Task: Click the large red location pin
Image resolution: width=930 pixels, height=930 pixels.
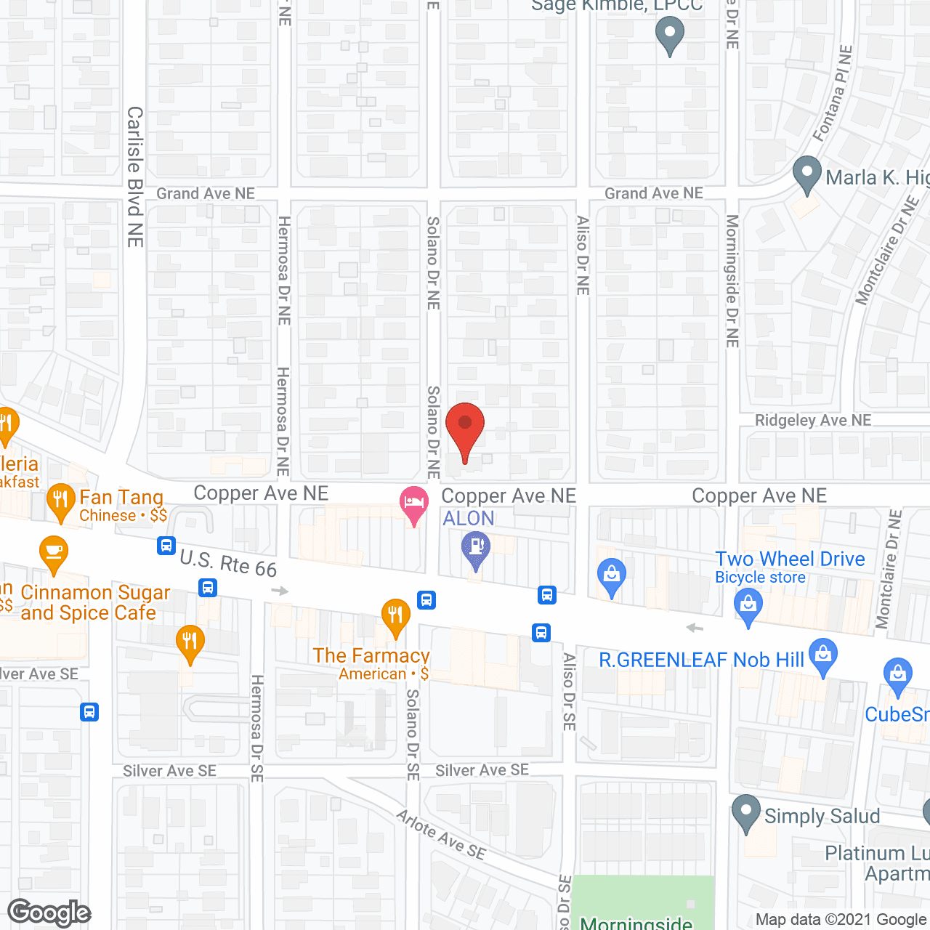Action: tap(464, 429)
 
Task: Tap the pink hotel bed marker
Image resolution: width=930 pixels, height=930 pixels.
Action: tap(413, 504)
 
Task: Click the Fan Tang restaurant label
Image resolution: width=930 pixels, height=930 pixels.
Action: tap(121, 498)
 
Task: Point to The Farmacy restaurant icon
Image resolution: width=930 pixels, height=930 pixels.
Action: tap(395, 616)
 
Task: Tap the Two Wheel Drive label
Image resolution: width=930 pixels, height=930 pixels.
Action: tap(790, 559)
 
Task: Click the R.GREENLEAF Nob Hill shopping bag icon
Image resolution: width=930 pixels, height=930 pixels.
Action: tap(822, 655)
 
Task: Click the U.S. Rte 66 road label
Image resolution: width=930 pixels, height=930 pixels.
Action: tap(228, 563)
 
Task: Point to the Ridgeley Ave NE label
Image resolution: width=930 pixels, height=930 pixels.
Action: tap(812, 420)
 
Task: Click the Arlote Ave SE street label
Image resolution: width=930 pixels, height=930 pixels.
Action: tap(441, 834)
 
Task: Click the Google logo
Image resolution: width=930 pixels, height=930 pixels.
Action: tap(49, 913)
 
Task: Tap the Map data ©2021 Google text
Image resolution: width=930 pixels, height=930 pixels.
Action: tap(841, 920)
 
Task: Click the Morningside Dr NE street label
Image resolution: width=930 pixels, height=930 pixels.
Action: tap(732, 280)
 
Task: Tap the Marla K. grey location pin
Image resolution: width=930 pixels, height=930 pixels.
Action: tap(806, 174)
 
